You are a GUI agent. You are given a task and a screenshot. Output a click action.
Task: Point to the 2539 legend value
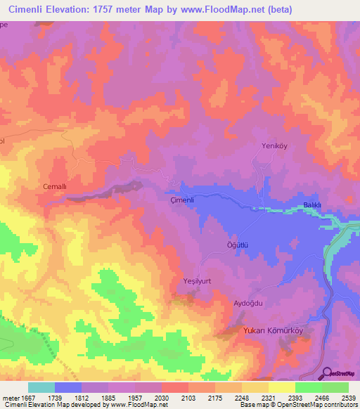coord(348,398)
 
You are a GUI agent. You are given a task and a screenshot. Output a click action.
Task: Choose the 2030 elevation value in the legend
coord(162,398)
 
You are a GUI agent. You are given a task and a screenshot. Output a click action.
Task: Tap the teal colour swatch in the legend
coord(41,387)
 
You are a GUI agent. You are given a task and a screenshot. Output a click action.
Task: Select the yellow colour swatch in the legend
coord(281,387)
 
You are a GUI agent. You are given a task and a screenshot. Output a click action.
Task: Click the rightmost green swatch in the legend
coord(335,387)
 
